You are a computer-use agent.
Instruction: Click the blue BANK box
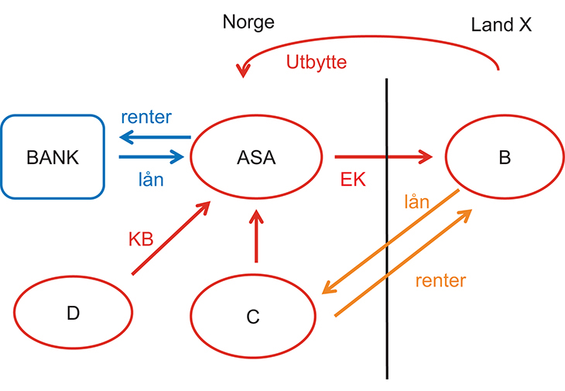53,156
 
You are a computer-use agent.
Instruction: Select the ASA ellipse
255,157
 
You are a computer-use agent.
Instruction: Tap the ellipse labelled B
504,157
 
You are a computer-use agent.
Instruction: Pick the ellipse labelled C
252,315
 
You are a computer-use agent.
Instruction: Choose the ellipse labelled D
73,313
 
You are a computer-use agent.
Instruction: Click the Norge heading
248,22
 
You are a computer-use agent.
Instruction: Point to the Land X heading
502,25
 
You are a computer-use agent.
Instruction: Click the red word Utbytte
316,63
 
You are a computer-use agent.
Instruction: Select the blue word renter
146,118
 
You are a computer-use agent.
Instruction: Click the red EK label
352,180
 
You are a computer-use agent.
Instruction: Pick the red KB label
141,238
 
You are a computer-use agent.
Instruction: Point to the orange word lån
416,203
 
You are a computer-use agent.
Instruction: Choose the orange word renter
440,280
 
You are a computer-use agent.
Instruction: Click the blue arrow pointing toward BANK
155,138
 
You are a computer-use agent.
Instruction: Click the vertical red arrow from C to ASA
255,235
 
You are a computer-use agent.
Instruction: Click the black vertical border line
386,232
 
